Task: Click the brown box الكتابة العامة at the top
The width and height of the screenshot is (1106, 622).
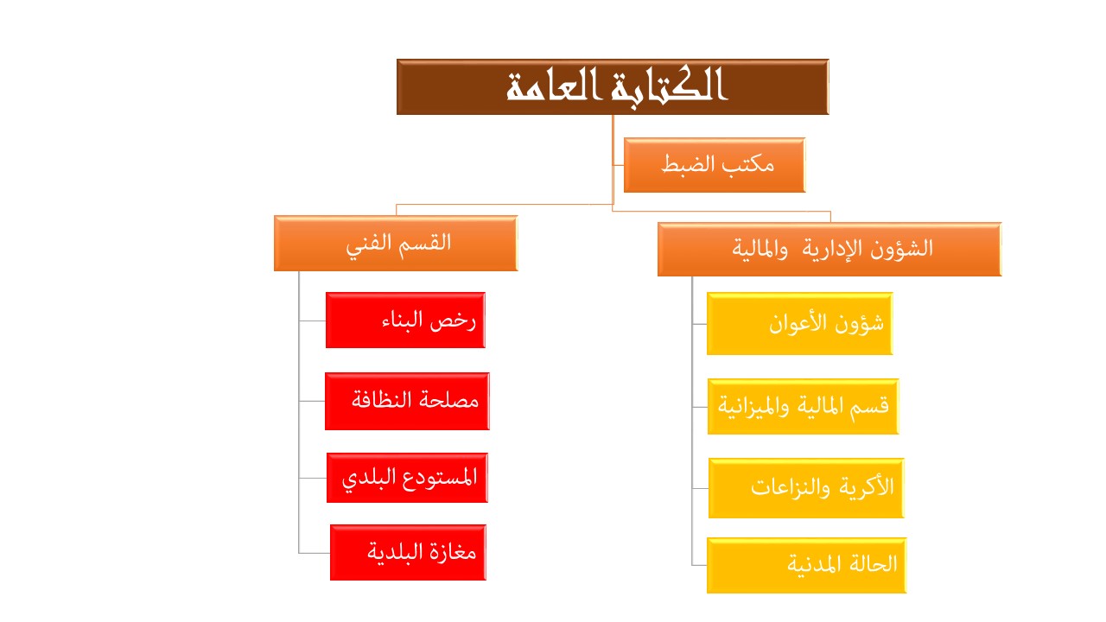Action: [x=613, y=87]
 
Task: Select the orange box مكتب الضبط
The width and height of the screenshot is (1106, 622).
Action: [x=715, y=165]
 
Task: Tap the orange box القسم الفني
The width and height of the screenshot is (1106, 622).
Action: [x=396, y=243]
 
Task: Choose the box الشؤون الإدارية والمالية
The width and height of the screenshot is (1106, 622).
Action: [x=829, y=249]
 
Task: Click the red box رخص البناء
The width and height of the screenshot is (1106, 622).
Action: [x=405, y=320]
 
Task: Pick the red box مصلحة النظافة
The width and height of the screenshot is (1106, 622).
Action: [x=407, y=401]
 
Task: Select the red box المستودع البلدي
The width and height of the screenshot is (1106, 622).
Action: [x=407, y=478]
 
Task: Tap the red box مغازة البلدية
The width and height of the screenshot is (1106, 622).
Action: [x=409, y=552]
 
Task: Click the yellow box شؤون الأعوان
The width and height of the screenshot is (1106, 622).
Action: [x=800, y=323]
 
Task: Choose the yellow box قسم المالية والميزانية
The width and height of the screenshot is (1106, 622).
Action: [x=804, y=406]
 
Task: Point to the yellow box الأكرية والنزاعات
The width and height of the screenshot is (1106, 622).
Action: [x=806, y=488]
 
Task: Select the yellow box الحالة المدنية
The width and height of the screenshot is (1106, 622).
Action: [x=807, y=565]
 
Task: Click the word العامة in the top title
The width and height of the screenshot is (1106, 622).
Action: [x=554, y=86]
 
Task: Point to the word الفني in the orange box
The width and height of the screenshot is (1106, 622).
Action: [x=370, y=244]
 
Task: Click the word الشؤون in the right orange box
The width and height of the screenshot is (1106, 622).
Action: [x=901, y=248]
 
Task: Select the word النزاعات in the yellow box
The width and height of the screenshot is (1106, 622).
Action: [x=791, y=488]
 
